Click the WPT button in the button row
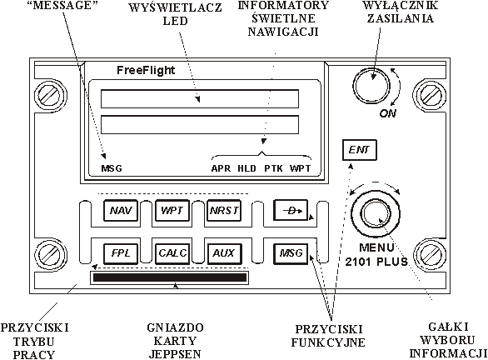click(x=172, y=211)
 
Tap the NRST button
click(x=224, y=211)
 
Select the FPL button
click(x=121, y=253)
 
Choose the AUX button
click(x=224, y=253)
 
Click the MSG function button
click(x=291, y=253)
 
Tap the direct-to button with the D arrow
click(x=291, y=211)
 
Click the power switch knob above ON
click(x=371, y=85)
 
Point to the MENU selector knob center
click(x=376, y=213)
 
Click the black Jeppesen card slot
click(x=170, y=277)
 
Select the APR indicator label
click(x=221, y=168)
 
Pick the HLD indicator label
click(x=246, y=168)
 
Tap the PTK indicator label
click(x=274, y=168)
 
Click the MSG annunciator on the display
click(x=112, y=168)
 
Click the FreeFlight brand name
click(x=146, y=70)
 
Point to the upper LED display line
click(x=200, y=99)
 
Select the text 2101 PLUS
click(x=376, y=262)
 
